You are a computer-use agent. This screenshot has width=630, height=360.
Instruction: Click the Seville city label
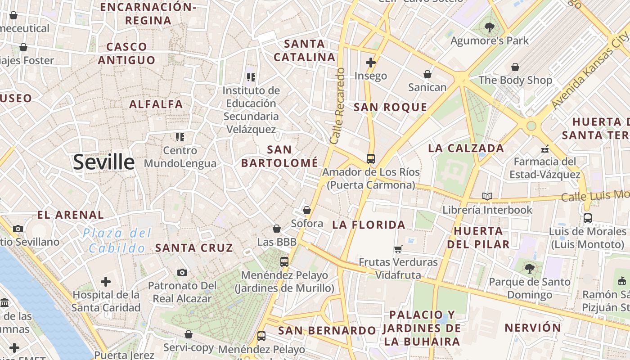click(103, 162)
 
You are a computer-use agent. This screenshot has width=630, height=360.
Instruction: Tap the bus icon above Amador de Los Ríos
click(370, 159)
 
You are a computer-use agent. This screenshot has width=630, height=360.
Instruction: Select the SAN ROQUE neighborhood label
click(390, 107)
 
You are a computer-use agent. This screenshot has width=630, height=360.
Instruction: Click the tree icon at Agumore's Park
click(489, 27)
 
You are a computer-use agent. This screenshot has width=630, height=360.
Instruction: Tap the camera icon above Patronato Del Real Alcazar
click(182, 272)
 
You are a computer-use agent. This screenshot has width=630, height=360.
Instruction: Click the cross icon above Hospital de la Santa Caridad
click(106, 282)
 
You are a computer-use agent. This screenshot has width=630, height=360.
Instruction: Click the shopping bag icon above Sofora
click(307, 210)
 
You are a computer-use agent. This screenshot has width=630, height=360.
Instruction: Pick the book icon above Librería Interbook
click(487, 196)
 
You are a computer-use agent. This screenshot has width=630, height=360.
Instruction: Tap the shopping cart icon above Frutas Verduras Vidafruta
click(398, 249)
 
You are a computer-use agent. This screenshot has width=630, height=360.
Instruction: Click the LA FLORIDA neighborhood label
click(369, 225)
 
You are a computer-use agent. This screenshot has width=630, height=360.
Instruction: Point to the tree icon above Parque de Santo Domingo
click(530, 269)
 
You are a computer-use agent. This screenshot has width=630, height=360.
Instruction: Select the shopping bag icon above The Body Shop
click(515, 67)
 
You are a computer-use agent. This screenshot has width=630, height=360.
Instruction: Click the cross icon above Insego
click(371, 62)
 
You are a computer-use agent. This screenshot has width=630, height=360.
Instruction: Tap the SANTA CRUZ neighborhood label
click(194, 247)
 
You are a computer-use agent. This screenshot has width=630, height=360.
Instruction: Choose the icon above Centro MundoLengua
click(180, 137)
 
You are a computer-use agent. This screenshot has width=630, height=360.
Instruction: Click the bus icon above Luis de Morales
click(587, 218)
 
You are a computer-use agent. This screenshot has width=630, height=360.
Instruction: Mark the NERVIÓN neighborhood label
click(533, 328)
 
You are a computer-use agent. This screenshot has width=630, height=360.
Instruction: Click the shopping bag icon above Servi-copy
click(189, 334)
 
